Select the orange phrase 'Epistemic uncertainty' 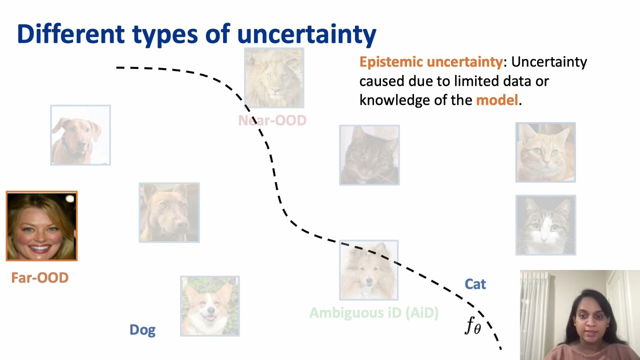pyautogui.click(x=430, y=62)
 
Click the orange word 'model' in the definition pyautogui.click(x=496, y=100)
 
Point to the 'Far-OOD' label pyautogui.click(x=39, y=278)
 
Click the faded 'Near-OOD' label pyautogui.click(x=272, y=120)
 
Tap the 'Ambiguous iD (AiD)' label pyautogui.click(x=373, y=313)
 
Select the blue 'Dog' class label pyautogui.click(x=142, y=330)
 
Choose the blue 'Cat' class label pyautogui.click(x=475, y=284)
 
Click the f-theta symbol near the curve pyautogui.click(x=472, y=326)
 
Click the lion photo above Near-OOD pyautogui.click(x=274, y=78)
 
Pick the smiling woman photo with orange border pyautogui.click(x=41, y=226)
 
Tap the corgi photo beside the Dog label pyautogui.click(x=210, y=306)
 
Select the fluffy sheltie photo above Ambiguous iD pyautogui.click(x=369, y=270)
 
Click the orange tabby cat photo pyautogui.click(x=545, y=152)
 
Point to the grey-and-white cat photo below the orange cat pyautogui.click(x=545, y=225)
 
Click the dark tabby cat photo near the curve pyautogui.click(x=369, y=155)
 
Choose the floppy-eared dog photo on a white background pyautogui.click(x=80, y=135)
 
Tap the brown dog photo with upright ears pyautogui.click(x=169, y=212)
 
